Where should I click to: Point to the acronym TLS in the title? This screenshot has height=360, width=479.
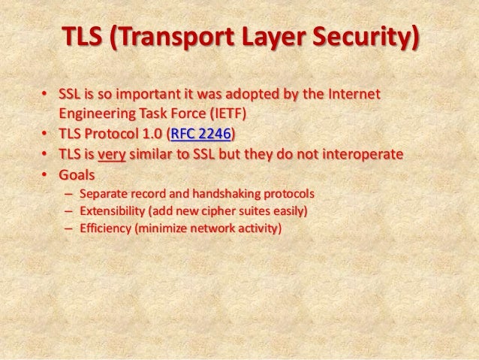[80, 38]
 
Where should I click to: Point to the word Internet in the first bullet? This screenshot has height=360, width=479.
[353, 96]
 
